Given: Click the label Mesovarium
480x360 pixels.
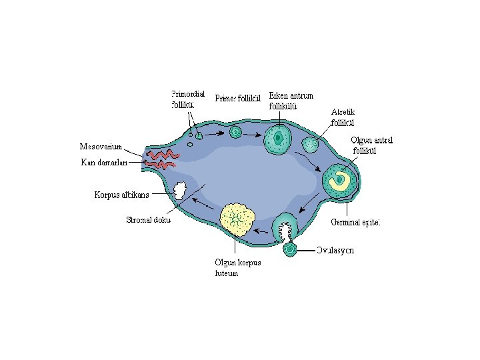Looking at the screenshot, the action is [x=101, y=146].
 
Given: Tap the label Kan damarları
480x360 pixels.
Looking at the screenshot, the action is [x=103, y=162].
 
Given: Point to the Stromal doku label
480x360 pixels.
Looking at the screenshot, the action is [x=148, y=220].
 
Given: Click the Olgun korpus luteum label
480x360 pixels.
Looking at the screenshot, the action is [x=238, y=267].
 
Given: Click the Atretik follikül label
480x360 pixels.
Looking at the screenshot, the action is [x=343, y=117].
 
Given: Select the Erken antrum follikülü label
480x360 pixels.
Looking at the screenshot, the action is [x=291, y=100].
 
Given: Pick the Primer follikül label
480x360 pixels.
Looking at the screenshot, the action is [x=238, y=99].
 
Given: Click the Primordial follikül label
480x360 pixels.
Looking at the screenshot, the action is [x=187, y=99].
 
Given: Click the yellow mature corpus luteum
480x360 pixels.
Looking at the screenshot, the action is [x=236, y=219].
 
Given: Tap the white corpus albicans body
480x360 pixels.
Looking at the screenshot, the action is [x=179, y=191].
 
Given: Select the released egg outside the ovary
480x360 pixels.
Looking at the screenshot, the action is [x=289, y=250].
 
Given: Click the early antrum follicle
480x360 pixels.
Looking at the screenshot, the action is [x=277, y=139].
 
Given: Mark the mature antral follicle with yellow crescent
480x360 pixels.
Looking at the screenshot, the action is [x=339, y=179].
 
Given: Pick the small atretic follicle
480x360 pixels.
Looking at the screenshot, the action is [x=311, y=144].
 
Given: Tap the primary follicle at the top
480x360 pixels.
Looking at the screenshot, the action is [x=235, y=132].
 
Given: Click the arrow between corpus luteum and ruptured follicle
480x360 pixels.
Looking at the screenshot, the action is [x=262, y=231].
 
